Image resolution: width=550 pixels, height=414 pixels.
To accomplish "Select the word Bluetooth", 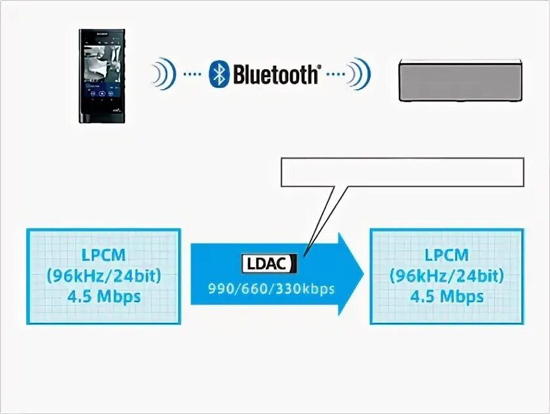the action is pyautogui.click(x=275, y=75).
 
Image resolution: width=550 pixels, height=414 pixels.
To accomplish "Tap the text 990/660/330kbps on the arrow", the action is pyautogui.click(x=271, y=289).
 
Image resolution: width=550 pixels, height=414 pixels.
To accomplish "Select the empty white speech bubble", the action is pyautogui.click(x=402, y=172).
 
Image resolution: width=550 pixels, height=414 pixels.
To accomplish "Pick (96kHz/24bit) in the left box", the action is pyautogui.click(x=104, y=276).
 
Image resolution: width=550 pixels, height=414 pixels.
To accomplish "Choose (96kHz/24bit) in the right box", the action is pyautogui.click(x=447, y=276).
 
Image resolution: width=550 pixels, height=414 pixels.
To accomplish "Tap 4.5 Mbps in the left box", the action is pyautogui.click(x=104, y=296).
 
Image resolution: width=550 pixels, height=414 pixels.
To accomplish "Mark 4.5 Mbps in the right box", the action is pyautogui.click(x=447, y=296).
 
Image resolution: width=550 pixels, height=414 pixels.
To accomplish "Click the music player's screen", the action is pyautogui.click(x=101, y=69).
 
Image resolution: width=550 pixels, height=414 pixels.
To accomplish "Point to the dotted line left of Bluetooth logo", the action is pyautogui.click(x=192, y=75).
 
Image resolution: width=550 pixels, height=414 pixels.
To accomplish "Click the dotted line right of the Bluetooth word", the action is pyautogui.click(x=335, y=75).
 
